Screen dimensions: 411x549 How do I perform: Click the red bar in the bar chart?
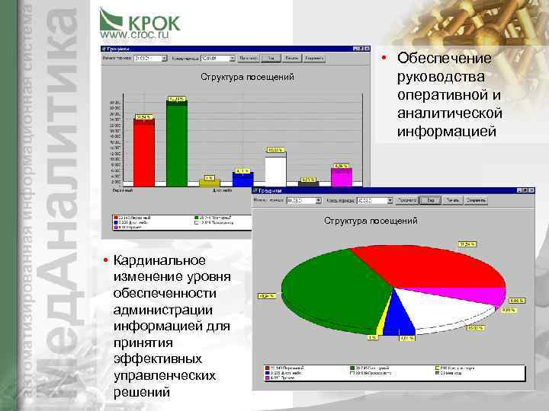point(144,152)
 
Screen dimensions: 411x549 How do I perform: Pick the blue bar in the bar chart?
point(242,180)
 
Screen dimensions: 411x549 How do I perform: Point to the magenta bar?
point(341,177)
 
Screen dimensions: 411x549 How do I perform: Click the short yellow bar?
point(210,183)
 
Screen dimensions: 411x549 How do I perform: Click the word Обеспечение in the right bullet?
point(445,59)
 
